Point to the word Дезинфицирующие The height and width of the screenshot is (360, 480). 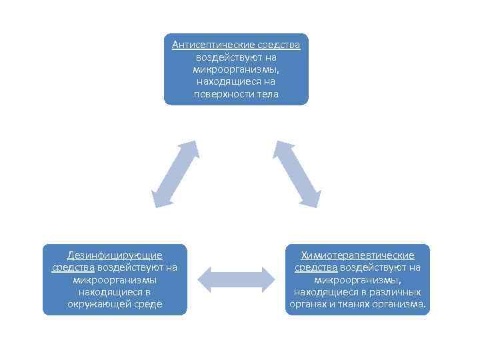115,255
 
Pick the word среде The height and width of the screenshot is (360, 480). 147,305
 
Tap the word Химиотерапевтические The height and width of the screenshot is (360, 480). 357,255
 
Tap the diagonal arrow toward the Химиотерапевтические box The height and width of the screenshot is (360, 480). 297,173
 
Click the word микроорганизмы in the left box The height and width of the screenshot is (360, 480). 115,280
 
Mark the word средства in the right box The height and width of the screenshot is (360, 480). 316,268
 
